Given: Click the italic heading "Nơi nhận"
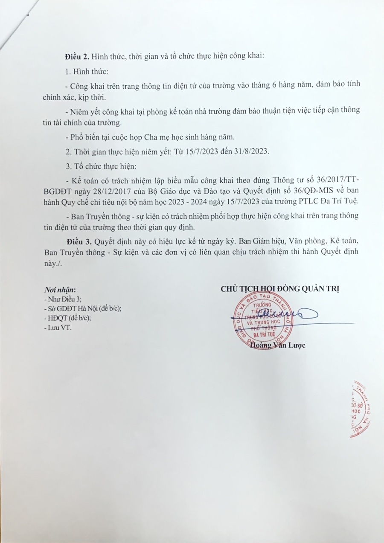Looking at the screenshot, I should tap(61, 290).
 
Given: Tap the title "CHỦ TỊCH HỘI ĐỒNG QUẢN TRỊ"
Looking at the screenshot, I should tap(280, 289).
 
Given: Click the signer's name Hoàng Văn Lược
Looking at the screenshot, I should tap(278, 346).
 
